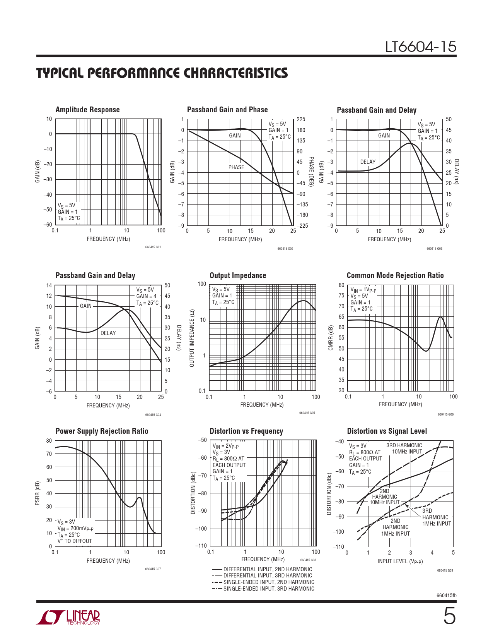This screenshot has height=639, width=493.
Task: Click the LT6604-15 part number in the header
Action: click(421, 47)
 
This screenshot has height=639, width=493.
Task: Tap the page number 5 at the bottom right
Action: click(449, 616)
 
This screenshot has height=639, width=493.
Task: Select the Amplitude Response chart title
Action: click(87, 110)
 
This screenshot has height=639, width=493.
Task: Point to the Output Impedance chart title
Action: click(238, 275)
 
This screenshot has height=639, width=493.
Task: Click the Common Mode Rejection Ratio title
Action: click(395, 275)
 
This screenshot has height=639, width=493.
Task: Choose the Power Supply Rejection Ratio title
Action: click(102, 431)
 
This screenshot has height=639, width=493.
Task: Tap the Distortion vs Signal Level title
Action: click(387, 431)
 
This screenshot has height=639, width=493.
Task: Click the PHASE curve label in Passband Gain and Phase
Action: click(236, 167)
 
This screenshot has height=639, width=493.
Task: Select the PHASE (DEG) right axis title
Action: click(311, 172)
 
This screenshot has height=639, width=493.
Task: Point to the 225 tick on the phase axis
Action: click(300, 119)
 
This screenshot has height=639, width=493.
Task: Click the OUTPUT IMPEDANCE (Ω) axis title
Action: click(192, 338)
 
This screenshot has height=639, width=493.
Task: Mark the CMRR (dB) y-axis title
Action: click(331, 338)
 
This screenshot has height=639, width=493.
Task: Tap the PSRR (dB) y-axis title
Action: click(38, 493)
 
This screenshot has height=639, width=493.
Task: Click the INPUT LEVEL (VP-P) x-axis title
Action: click(400, 562)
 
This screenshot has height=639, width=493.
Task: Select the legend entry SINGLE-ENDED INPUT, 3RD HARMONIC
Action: click(269, 589)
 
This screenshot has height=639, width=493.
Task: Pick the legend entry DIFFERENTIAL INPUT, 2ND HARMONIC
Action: click(268, 569)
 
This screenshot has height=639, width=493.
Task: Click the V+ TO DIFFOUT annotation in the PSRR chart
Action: click(75, 541)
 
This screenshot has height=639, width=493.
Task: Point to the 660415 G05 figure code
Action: click(307, 413)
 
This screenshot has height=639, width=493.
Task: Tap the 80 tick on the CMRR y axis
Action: click(341, 285)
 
